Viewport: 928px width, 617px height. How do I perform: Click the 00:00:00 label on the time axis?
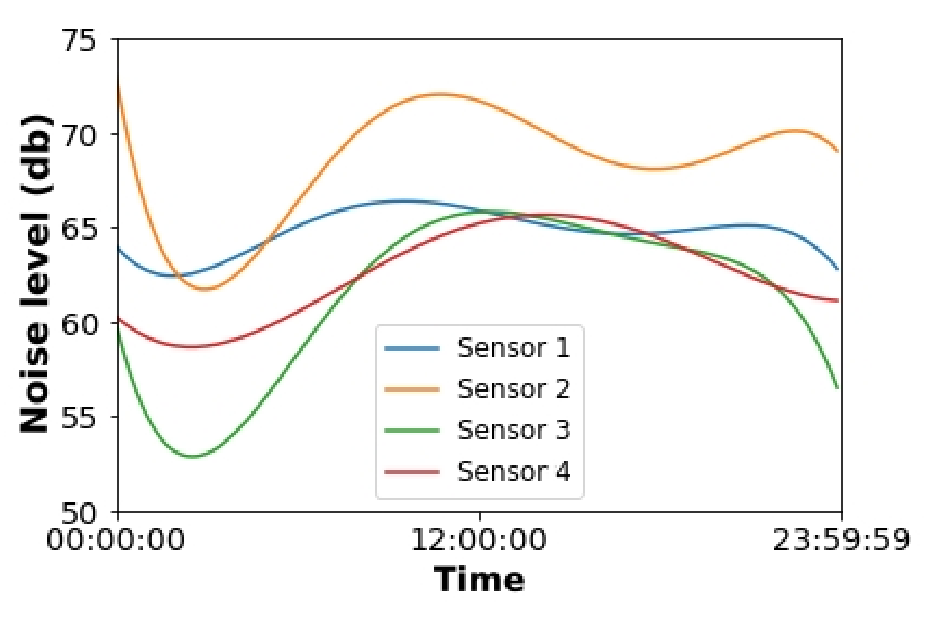pos(115,540)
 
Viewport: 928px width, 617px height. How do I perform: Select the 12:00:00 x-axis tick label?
pos(479,540)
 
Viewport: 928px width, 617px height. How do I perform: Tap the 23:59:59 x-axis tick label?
pos(841,540)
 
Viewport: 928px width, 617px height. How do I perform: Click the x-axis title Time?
pos(479,580)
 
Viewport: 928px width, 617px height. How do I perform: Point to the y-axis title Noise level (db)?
pos(36,274)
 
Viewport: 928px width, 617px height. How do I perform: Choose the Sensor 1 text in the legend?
pos(513,348)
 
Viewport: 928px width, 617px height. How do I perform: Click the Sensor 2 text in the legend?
pos(513,389)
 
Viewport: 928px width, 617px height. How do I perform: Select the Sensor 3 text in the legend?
pos(513,430)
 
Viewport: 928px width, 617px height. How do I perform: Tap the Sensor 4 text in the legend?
pos(513,471)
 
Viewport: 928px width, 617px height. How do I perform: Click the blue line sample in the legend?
pos(412,348)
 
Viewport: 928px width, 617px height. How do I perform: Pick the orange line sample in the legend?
pos(412,389)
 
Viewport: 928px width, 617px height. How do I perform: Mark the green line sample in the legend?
pos(412,430)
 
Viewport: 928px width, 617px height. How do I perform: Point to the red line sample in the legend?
pos(412,472)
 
